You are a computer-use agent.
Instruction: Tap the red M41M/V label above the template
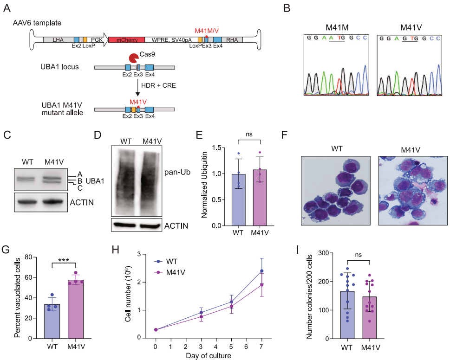(x=207, y=30)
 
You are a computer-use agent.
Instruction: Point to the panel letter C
(x=7, y=135)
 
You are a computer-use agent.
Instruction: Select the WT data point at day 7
(x=261, y=271)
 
